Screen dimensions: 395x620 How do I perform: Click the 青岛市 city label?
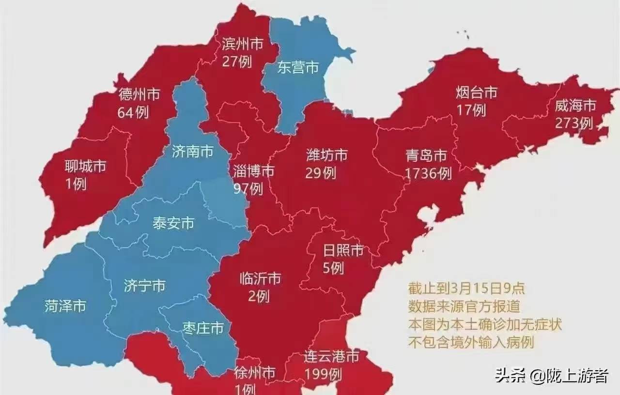[x=426, y=156]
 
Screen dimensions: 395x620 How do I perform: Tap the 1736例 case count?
[x=429, y=173]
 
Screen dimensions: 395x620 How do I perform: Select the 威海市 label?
[x=575, y=106]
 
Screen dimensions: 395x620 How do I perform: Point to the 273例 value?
[x=574, y=123]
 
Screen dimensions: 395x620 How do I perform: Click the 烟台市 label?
[x=477, y=92]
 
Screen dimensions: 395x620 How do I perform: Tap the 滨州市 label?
[x=242, y=45]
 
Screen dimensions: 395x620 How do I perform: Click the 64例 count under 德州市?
[x=133, y=112]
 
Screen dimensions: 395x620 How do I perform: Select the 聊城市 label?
[x=85, y=167]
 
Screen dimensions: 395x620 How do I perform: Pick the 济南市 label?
[x=192, y=152]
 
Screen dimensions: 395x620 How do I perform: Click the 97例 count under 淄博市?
[x=248, y=188]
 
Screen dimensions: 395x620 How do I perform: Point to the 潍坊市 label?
[x=326, y=155]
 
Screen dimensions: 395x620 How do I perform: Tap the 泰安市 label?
[x=173, y=223]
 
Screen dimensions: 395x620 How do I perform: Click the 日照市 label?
[x=343, y=250]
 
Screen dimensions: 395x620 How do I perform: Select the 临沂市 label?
[x=260, y=279]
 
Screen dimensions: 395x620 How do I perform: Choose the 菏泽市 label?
[x=65, y=306]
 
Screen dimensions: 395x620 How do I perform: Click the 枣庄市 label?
[x=203, y=329]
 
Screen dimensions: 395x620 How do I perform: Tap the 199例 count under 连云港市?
[x=323, y=374]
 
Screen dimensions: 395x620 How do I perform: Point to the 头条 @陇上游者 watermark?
[x=551, y=375]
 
